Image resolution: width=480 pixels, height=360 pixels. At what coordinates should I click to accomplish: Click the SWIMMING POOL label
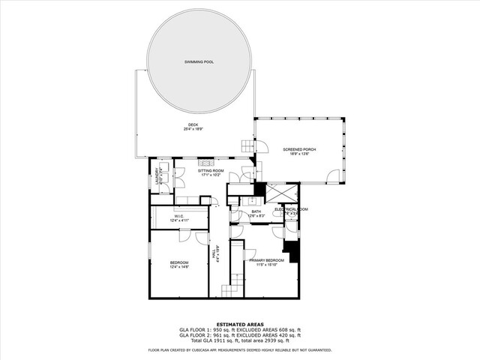click(x=199, y=61)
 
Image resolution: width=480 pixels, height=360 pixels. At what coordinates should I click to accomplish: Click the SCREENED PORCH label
click(x=299, y=149)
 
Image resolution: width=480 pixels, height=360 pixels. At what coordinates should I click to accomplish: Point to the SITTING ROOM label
click(x=211, y=170)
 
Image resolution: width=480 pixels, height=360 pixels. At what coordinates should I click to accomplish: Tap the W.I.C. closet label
click(x=178, y=216)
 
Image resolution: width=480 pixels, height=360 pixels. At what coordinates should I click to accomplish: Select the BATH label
click(x=256, y=211)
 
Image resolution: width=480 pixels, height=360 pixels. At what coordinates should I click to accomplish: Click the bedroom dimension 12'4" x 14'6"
click(x=178, y=266)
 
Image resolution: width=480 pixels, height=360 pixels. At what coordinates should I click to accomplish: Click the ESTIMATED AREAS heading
click(x=239, y=324)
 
